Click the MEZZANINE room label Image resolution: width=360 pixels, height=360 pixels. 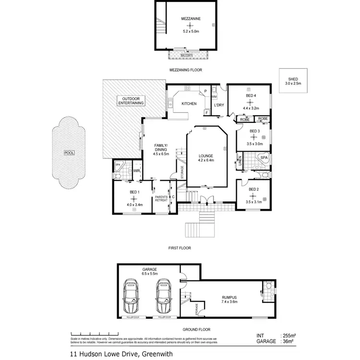click(190, 19)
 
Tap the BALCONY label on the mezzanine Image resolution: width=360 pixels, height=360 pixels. click(187, 55)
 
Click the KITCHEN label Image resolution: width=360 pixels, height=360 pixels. click(189, 104)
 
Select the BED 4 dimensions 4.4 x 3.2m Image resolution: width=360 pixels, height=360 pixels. click(250, 108)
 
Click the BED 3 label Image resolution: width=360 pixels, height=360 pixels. click(254, 131)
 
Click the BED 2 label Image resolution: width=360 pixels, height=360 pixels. click(253, 190)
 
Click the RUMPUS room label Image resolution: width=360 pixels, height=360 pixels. click(229, 297)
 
